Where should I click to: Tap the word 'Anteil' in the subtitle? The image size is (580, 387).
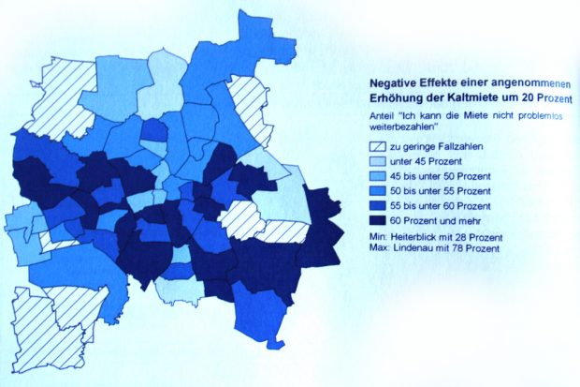[381, 115]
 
